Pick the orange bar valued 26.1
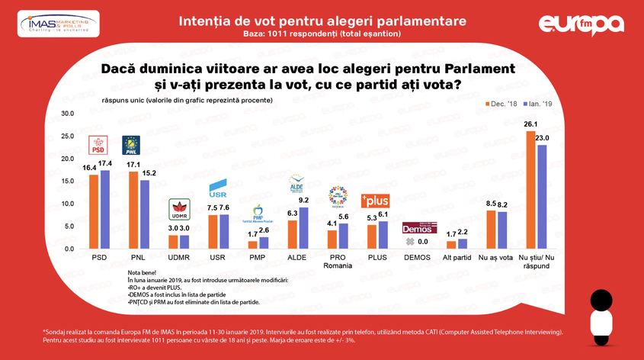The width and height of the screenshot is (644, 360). click(x=530, y=190)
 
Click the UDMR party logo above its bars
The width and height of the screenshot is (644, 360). click(x=178, y=208)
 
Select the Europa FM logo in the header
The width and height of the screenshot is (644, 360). click(x=582, y=24)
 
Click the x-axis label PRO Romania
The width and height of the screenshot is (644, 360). click(x=338, y=263)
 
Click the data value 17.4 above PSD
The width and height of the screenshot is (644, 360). click(x=104, y=165)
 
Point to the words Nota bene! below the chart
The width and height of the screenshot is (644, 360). click(x=142, y=273)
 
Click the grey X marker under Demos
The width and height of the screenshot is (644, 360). click(x=409, y=241)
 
